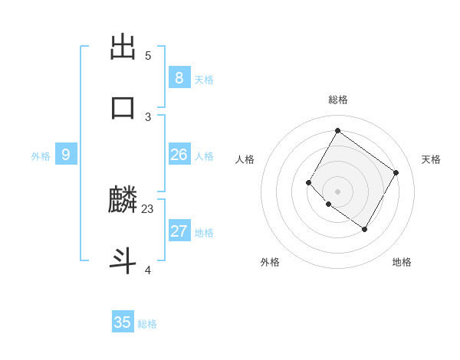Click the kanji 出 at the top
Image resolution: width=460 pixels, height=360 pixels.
pyautogui.click(x=123, y=47)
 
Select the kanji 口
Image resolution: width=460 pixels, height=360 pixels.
pyautogui.click(x=123, y=108)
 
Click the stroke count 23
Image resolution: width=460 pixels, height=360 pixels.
pyautogui.click(x=148, y=208)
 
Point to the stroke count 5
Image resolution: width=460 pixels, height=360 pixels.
pyautogui.click(x=148, y=55)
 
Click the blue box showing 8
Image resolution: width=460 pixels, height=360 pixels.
pyautogui.click(x=179, y=77)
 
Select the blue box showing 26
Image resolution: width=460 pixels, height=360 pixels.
pyautogui.click(x=179, y=155)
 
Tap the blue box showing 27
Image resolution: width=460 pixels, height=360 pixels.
pyautogui.click(x=179, y=231)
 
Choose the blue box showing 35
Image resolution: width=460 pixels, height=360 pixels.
pyautogui.click(x=122, y=322)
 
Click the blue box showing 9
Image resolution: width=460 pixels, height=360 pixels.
pyautogui.click(x=66, y=155)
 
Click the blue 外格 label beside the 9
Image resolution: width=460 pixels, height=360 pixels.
pyautogui.click(x=41, y=156)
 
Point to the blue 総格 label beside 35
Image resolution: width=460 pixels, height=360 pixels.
pyautogui.click(x=147, y=324)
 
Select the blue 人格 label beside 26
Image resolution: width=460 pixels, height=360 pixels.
pyautogui.click(x=204, y=156)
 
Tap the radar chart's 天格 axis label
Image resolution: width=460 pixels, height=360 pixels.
pyautogui.click(x=431, y=159)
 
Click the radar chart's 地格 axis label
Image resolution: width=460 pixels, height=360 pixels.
pyautogui.click(x=402, y=262)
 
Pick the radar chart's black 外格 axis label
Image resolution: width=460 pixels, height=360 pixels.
pyautogui.click(x=270, y=262)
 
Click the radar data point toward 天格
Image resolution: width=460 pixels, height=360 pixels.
pyautogui.click(x=396, y=173)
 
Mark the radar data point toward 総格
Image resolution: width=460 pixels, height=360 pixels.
pyautogui.click(x=337, y=130)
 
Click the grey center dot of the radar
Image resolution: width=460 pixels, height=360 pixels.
pyautogui.click(x=337, y=191)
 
